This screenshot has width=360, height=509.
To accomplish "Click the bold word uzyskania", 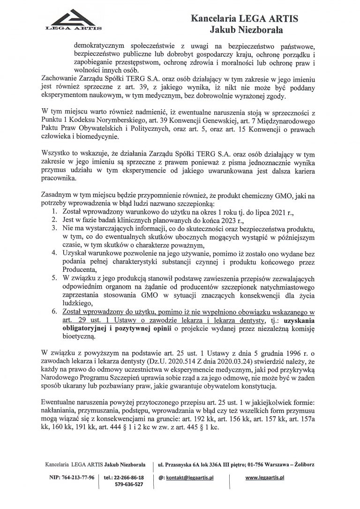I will click(x=300, y=321).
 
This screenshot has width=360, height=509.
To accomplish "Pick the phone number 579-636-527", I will click(x=129, y=485).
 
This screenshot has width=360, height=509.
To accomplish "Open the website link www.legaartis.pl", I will click(x=265, y=477).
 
